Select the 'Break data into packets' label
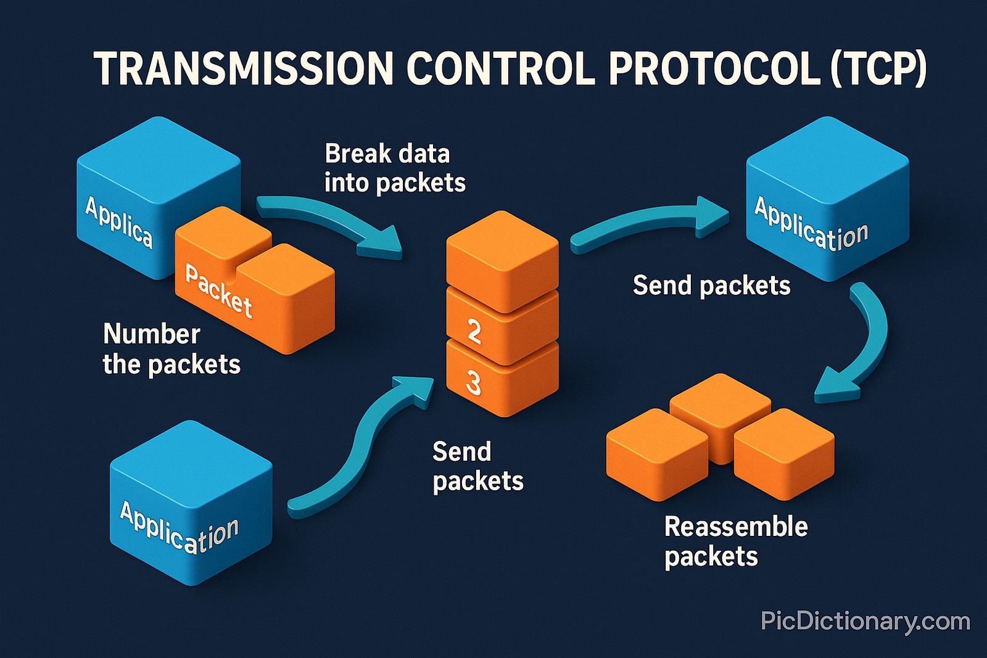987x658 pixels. pyautogui.click(x=394, y=168)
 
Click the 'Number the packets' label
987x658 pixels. pyautogui.click(x=171, y=349)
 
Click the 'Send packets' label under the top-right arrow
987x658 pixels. pyautogui.click(x=711, y=286)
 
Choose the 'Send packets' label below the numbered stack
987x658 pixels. pyautogui.click(x=477, y=466)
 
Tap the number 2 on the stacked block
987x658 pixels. pyautogui.click(x=474, y=331)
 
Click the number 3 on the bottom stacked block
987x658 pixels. pyautogui.click(x=473, y=383)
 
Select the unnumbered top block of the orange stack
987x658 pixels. pyautogui.click(x=502, y=259)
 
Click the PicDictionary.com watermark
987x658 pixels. pyautogui.click(x=865, y=621)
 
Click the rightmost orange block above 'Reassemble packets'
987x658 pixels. pyautogui.click(x=783, y=453)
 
